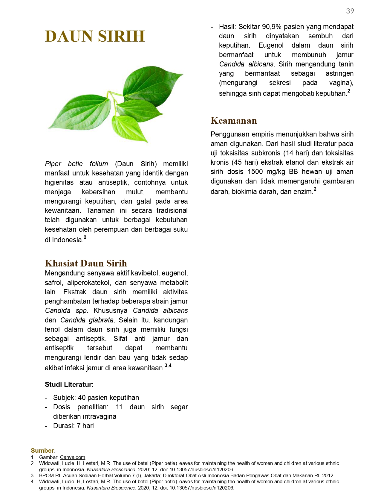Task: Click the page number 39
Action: [350, 11]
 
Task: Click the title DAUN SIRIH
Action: [95, 36]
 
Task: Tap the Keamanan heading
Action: [234, 120]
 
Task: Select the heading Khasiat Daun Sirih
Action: [86, 263]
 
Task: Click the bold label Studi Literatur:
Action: [69, 384]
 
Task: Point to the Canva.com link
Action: [72, 457]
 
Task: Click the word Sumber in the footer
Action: [42, 451]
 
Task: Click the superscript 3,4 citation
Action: [168, 366]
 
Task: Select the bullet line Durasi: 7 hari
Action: [73, 426]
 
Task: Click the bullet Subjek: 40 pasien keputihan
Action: [96, 398]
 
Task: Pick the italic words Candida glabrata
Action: [87, 320]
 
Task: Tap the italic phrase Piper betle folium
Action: [76, 164]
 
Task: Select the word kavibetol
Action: [145, 273]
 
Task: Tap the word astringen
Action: [339, 73]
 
